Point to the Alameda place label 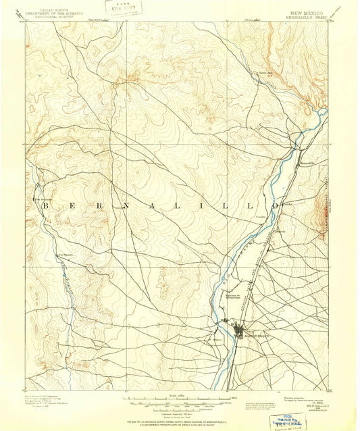280,231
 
